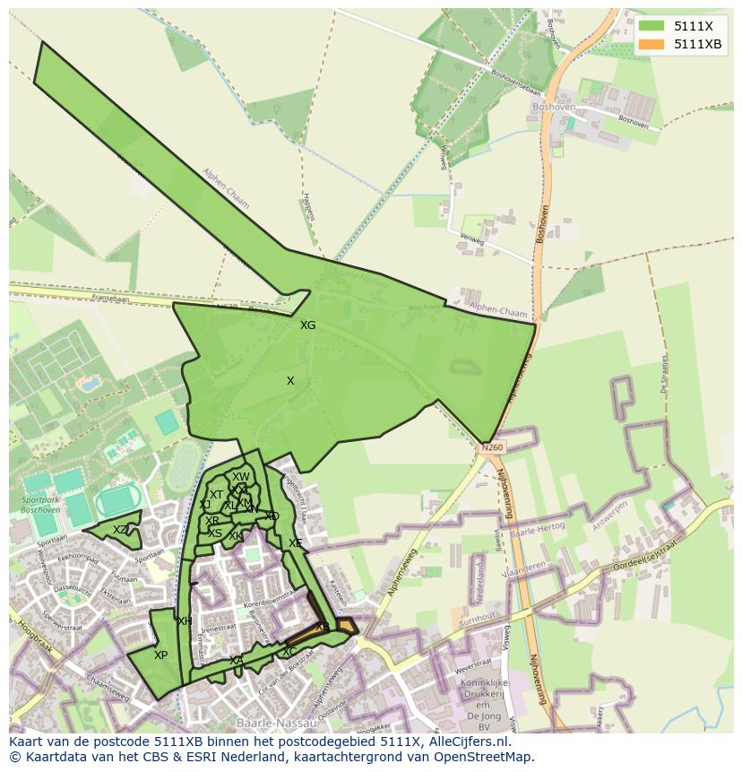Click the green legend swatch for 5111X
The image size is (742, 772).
click(651, 26)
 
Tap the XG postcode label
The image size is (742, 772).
click(307, 325)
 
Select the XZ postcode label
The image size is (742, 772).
click(120, 530)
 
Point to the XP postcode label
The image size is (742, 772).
click(160, 655)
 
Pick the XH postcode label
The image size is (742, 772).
click(185, 621)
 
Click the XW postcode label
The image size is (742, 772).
click(241, 477)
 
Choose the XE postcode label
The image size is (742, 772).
click(295, 543)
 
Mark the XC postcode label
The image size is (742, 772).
click(289, 652)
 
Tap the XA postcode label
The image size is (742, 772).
click(236, 661)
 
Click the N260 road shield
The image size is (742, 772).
click(492, 447)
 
